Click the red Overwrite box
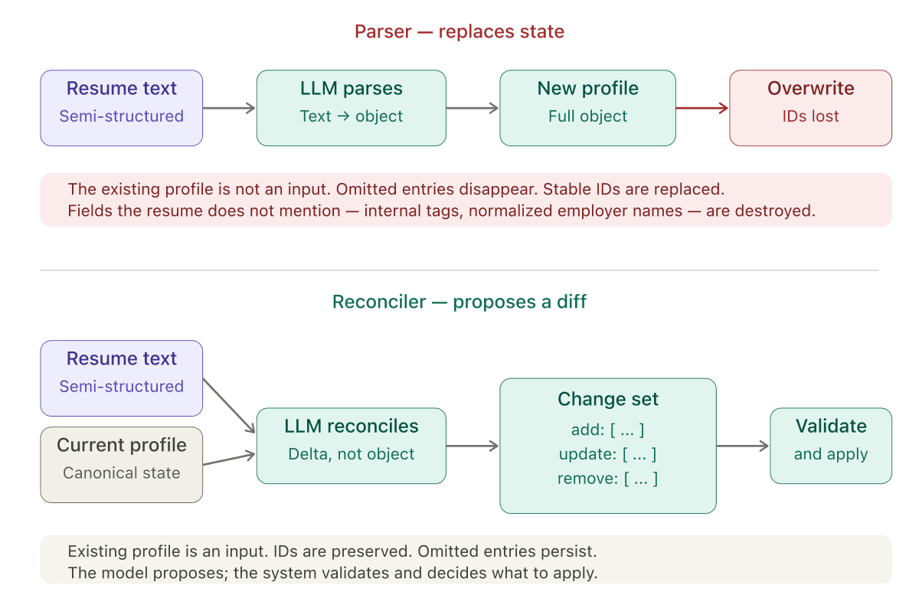point(810,108)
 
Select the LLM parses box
point(351,108)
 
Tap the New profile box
point(587,108)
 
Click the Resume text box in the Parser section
point(121,108)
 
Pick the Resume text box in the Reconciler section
point(121,378)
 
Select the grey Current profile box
point(121,465)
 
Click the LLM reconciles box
point(351,446)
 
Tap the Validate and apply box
point(830,446)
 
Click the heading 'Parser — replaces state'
point(459,32)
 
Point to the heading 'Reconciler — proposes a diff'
point(459,302)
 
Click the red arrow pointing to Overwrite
point(702,109)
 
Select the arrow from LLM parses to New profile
point(472,109)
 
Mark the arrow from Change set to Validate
point(742,446)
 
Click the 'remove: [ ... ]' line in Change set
point(608,479)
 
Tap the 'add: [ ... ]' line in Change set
point(608,429)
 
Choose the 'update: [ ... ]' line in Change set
point(608,454)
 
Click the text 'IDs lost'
point(810,116)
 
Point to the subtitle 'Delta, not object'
point(351,454)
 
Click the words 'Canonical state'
point(121,473)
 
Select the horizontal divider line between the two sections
point(459,270)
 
